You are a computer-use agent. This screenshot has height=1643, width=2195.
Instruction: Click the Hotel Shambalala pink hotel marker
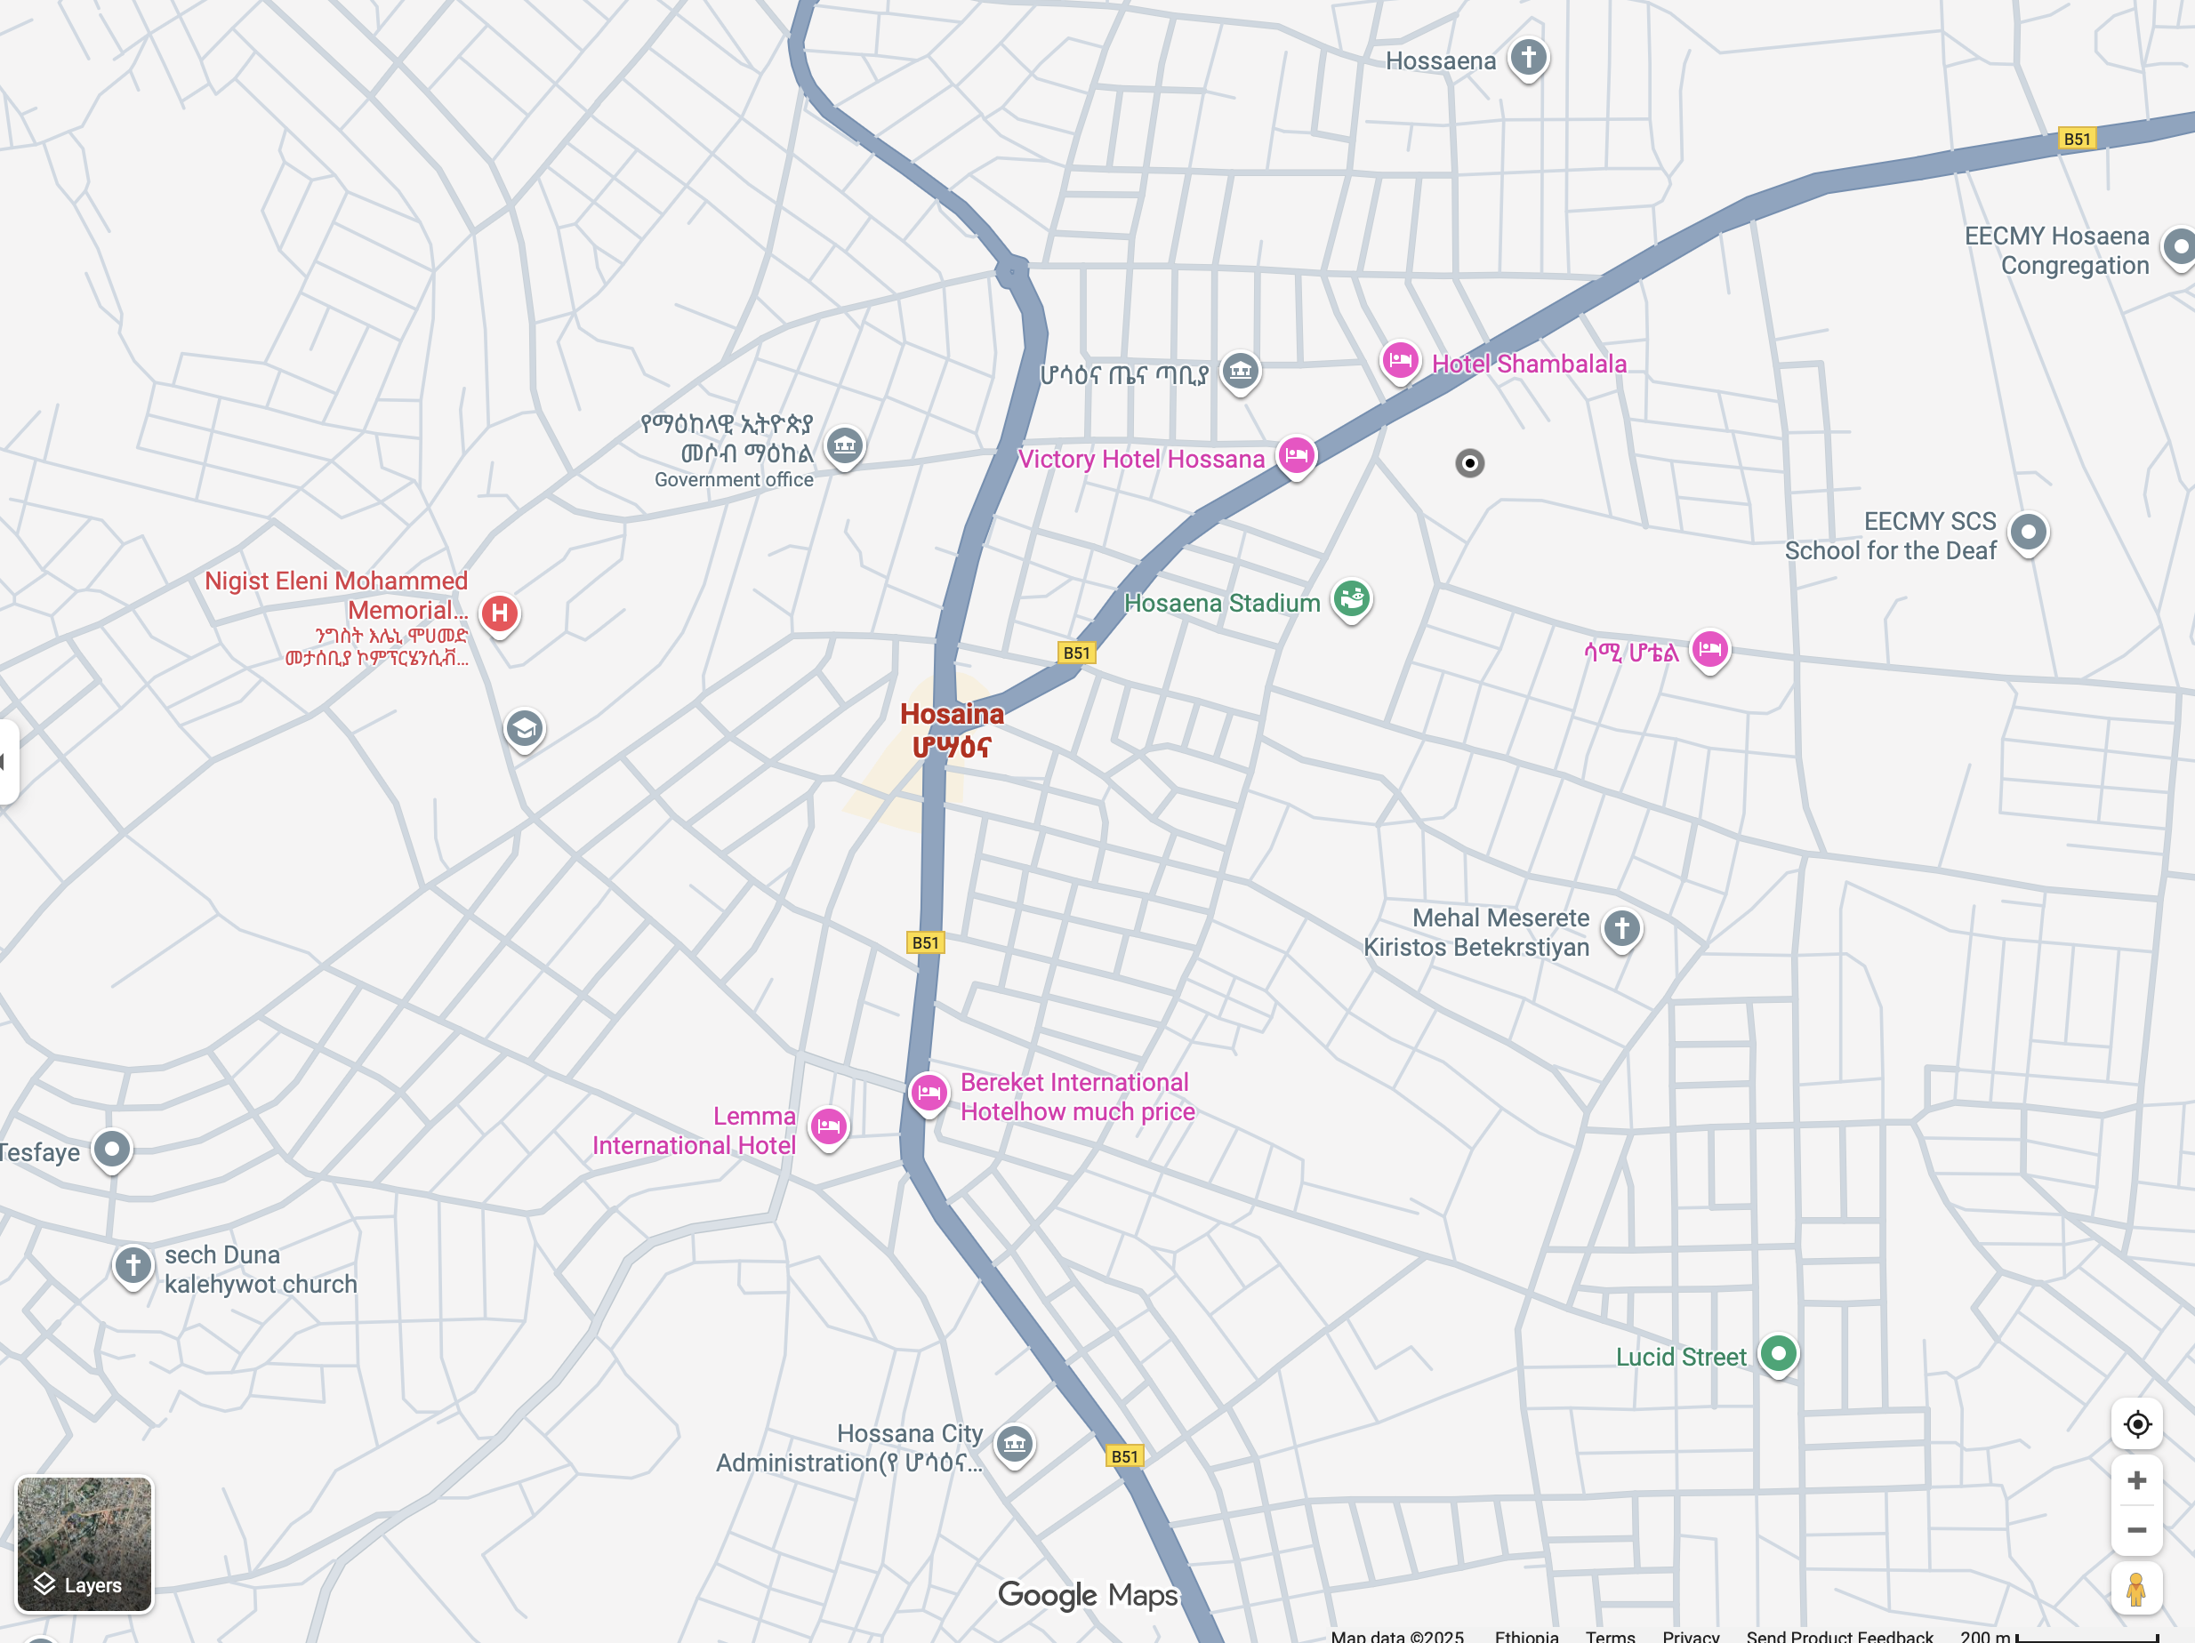coord(1399,360)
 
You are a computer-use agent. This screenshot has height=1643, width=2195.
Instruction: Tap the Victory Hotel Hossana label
coord(1141,460)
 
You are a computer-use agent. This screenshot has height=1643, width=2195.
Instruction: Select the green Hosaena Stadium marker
coord(1351,598)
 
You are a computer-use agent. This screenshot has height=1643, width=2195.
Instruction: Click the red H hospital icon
coord(499,613)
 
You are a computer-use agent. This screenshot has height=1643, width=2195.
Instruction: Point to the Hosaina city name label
coord(952,729)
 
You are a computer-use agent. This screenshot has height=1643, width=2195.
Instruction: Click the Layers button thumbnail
coord(84,1543)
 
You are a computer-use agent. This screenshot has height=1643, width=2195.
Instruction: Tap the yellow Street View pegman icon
coord(2136,1589)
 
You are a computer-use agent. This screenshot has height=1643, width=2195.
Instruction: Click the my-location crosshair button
coord(2136,1423)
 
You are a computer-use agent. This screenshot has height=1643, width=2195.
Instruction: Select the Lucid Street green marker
coord(1777,1352)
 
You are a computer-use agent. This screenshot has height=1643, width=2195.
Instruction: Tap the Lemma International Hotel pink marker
coord(828,1126)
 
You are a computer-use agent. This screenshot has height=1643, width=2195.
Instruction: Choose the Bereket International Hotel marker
coord(929,1093)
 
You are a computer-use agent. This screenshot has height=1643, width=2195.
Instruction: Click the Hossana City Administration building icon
coord(1014,1444)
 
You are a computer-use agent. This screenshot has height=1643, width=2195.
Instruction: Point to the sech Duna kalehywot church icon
coord(133,1265)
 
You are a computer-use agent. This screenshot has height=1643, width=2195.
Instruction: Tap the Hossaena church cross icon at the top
coord(1528,58)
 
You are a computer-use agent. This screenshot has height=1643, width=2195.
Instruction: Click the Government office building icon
coord(844,445)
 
